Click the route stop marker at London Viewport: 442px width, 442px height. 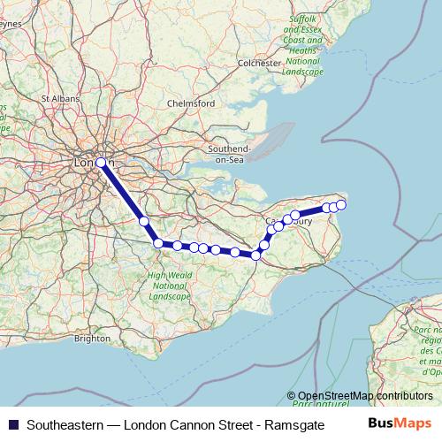(101, 163)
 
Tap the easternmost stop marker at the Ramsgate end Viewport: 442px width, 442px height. (341, 205)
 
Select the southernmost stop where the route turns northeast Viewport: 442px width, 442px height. (255, 255)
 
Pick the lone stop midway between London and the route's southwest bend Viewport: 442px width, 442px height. (143, 221)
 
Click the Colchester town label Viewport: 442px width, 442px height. (259, 64)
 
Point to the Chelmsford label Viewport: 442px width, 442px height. (191, 103)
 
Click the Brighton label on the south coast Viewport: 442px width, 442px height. (93, 338)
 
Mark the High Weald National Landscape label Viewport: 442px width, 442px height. (168, 286)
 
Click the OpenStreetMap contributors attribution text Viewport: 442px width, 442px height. (365, 396)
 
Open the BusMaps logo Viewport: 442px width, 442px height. (400, 423)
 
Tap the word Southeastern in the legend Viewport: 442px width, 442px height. (65, 423)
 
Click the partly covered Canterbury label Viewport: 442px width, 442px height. (292, 222)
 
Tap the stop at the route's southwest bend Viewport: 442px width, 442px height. (158, 243)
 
